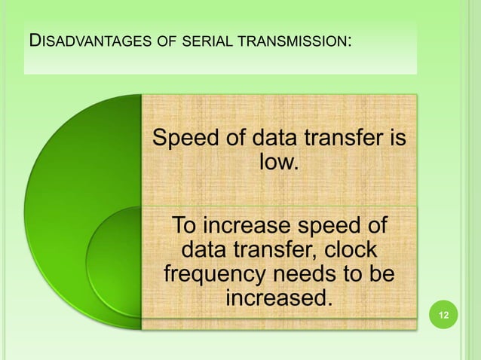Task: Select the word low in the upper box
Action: (x=277, y=162)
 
